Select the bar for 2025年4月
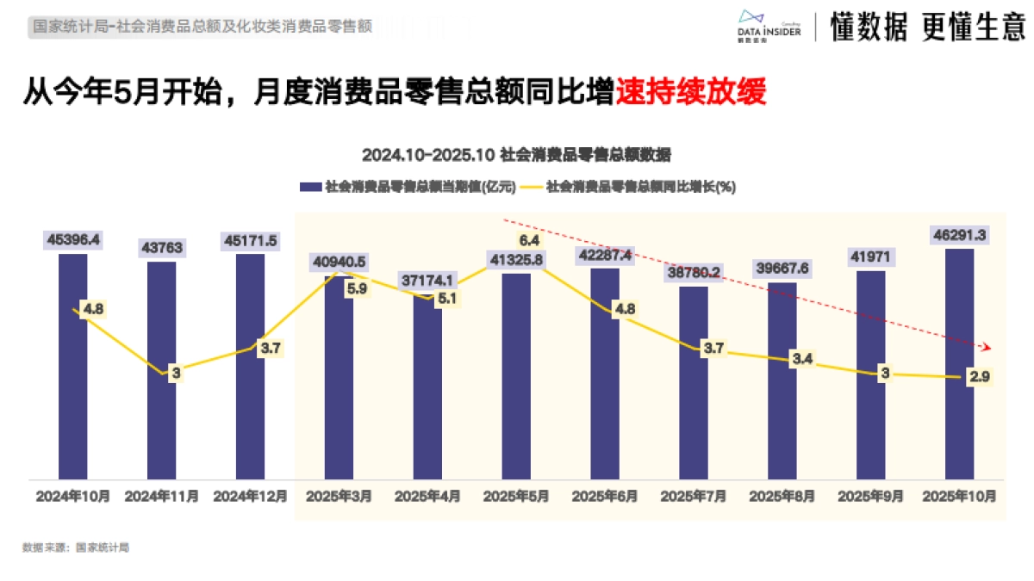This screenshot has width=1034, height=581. [x=427, y=387]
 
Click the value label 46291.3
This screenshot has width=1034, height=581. [x=959, y=234]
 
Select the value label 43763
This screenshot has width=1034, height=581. [x=161, y=248]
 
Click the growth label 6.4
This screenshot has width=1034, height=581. [x=528, y=239]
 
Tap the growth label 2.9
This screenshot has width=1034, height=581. [x=979, y=378]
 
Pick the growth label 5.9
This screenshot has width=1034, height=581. [x=356, y=289]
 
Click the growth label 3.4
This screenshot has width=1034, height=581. [x=802, y=358]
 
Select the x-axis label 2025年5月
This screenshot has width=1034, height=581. [x=516, y=497]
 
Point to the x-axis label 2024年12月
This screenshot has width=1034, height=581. [x=250, y=497]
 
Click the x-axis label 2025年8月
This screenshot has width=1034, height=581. [x=782, y=497]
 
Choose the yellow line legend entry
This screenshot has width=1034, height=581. [x=629, y=186]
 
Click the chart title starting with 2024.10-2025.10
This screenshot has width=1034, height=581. [x=516, y=155]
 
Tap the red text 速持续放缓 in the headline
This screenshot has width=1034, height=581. [x=690, y=92]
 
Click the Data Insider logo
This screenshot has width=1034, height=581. [x=769, y=26]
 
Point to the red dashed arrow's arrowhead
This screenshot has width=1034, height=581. [x=987, y=347]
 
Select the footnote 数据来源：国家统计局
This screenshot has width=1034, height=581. [x=76, y=547]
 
